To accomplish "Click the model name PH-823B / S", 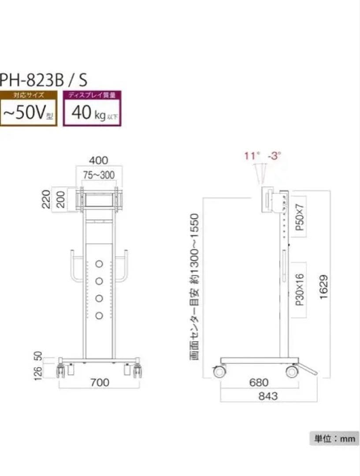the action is [44, 80].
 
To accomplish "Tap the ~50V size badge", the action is [29, 108].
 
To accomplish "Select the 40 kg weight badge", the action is [92, 108].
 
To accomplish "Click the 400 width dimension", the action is [99, 160].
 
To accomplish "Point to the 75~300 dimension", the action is [99, 175].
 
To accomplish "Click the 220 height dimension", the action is [46, 199].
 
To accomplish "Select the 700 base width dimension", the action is [100, 383].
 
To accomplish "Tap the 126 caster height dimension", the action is [38, 373].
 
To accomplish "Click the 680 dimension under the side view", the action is [259, 383].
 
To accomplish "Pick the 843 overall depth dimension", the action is [268, 396].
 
